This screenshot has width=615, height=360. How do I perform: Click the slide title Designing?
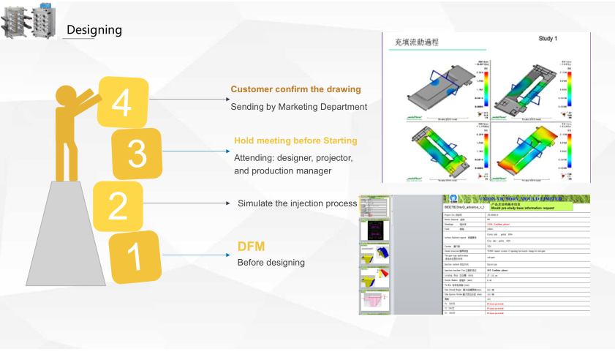click(94, 30)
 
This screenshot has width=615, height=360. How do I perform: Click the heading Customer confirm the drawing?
click(295, 89)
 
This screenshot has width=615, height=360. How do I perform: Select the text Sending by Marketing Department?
click(298, 107)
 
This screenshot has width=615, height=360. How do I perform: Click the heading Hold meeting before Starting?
click(295, 140)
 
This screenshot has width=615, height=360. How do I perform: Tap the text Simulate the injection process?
click(297, 203)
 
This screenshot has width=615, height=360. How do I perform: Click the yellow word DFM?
click(250, 247)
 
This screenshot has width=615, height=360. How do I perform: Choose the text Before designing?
click(271, 263)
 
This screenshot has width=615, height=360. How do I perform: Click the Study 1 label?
click(548, 37)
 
